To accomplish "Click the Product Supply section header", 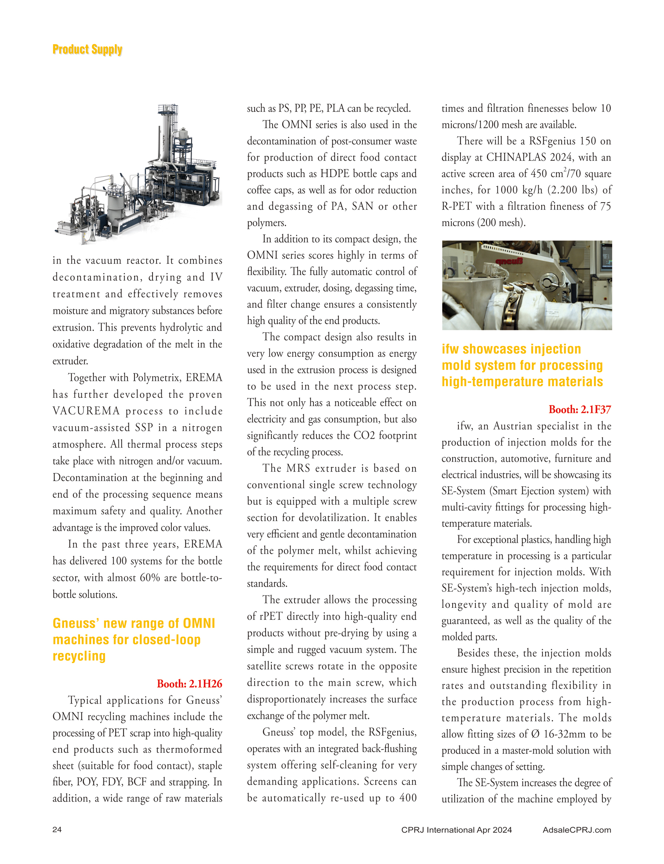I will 87,50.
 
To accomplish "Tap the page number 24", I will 57,829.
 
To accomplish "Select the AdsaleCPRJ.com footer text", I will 577,830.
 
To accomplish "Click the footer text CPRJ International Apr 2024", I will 457,830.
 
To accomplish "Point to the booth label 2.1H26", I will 189,683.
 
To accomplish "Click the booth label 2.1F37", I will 580,409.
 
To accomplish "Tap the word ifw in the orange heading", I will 450,349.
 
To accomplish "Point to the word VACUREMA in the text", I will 86,411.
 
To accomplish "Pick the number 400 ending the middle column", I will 408,798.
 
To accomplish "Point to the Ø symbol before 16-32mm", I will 535,734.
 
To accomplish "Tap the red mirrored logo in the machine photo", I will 509,261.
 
